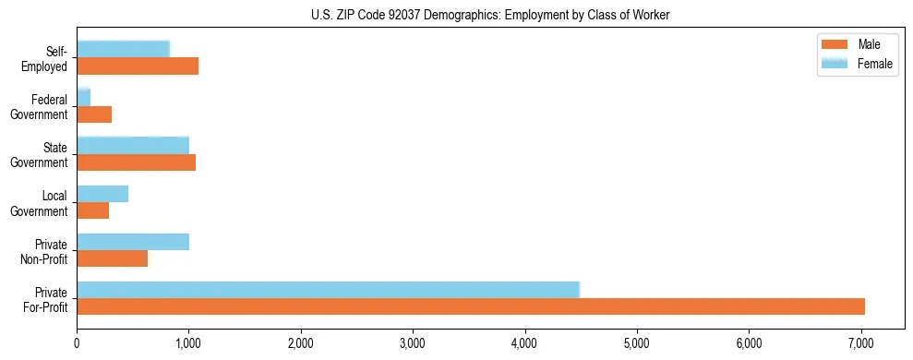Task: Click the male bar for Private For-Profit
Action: [471, 306]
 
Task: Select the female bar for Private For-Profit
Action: [328, 289]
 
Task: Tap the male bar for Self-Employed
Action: [138, 66]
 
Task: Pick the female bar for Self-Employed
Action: [123, 49]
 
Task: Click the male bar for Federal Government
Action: [94, 114]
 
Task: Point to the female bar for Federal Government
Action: [83, 97]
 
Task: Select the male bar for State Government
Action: [136, 162]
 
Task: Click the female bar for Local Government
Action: [102, 193]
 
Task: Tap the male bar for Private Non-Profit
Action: [112, 258]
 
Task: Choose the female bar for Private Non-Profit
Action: [133, 241]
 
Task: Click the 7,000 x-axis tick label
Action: [861, 344]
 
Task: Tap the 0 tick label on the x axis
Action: [77, 344]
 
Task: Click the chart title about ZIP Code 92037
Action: [491, 15]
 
